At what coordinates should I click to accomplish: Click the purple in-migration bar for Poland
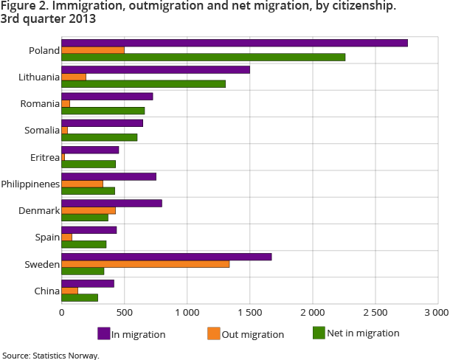point(235,43)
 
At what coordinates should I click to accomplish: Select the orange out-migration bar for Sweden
point(145,264)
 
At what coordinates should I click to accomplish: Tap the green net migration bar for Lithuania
point(143,83)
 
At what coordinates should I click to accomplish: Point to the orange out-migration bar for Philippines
point(82,184)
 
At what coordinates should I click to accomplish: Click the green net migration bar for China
point(80,297)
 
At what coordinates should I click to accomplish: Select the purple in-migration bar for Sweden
point(167,257)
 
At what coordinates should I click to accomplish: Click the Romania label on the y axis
point(39,104)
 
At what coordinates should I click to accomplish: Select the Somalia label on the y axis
point(41,131)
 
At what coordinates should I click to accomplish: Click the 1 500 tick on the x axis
point(249,312)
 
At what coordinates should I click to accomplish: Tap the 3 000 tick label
point(437,312)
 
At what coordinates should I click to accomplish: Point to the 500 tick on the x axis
point(124,312)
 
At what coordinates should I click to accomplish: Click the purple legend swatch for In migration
point(104,333)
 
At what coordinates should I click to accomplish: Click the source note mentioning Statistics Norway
point(50,355)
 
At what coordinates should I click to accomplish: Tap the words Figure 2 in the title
point(24,7)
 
